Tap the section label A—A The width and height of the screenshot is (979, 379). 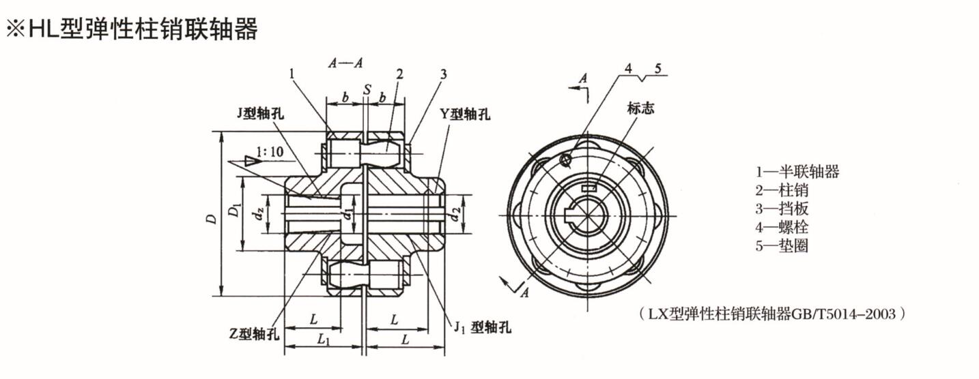tap(345, 63)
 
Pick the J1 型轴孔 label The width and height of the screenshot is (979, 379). tap(482, 327)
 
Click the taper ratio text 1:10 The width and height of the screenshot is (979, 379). tap(270, 151)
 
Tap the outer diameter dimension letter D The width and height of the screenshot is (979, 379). tap(212, 219)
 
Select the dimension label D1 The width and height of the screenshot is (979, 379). tap(234, 211)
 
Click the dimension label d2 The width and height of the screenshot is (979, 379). tap(455, 215)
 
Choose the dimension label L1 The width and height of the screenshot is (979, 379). tap(324, 339)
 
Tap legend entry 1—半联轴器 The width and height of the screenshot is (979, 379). tap(797, 172)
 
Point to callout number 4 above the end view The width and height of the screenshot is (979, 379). tap(629, 67)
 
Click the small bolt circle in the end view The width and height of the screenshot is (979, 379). tap(565, 160)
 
